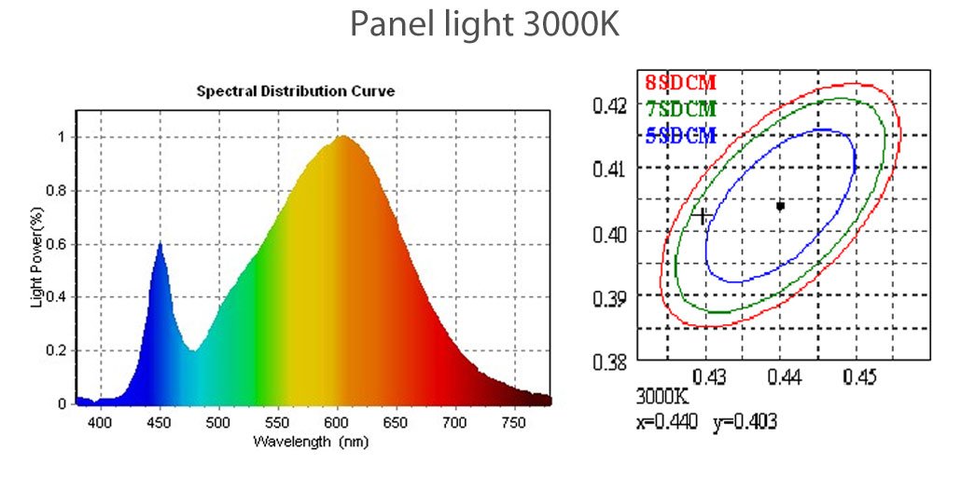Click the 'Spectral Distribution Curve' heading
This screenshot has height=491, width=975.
(295, 91)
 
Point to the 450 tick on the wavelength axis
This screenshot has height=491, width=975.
(160, 422)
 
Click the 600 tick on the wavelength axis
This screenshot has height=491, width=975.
(337, 422)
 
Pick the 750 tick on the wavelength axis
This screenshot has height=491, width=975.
(515, 422)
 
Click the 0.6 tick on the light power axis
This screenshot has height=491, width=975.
(57, 244)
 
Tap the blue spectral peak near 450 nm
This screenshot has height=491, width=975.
(160, 244)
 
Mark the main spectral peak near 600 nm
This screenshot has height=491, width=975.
(342, 138)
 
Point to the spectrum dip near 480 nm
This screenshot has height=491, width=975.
(193, 349)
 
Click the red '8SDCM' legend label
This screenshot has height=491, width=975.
(680, 83)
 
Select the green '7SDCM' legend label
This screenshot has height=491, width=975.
(680, 110)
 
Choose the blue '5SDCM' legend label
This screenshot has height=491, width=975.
(680, 137)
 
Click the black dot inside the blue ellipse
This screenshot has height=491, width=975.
(780, 205)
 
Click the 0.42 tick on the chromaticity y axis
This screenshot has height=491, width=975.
(611, 105)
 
